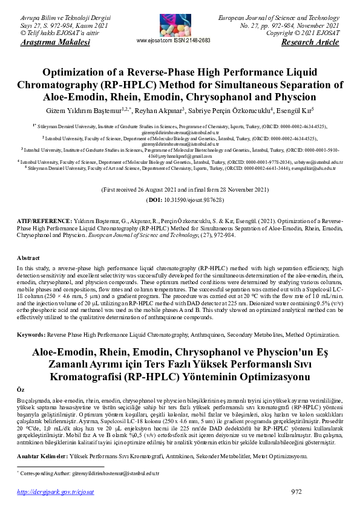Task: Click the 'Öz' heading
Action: point(21,391)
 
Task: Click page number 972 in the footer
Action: point(296,491)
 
